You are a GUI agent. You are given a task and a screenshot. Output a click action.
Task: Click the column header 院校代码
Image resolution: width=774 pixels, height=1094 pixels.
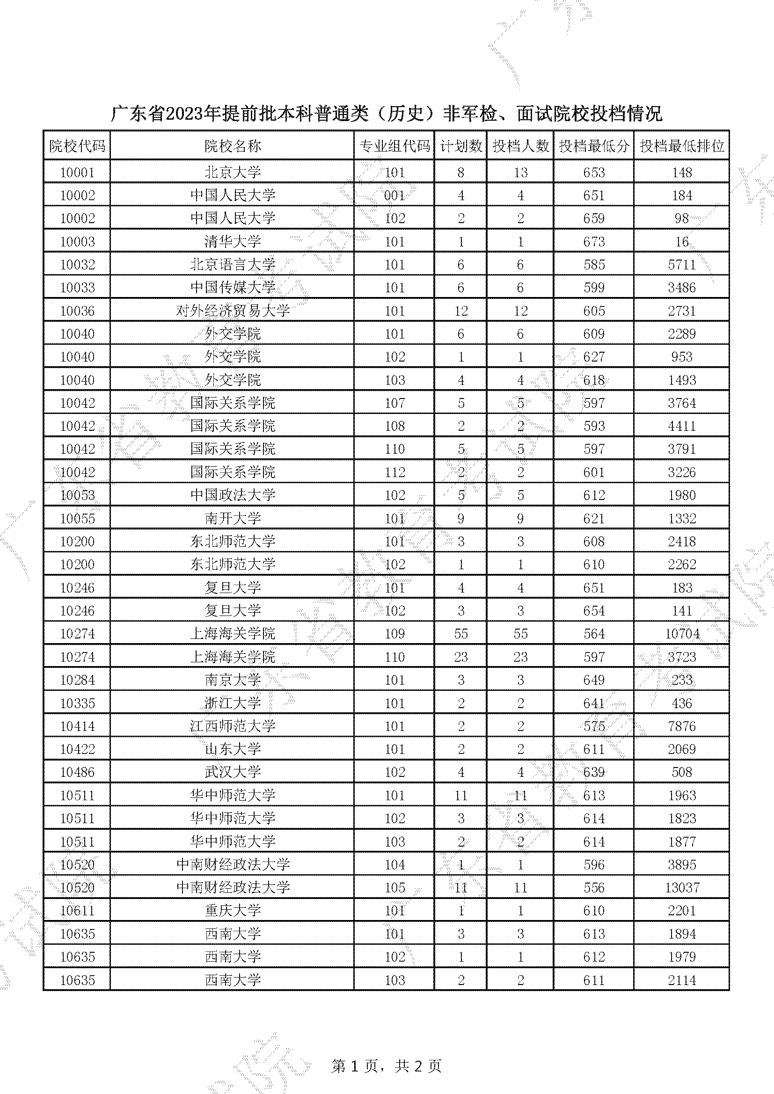click(77, 146)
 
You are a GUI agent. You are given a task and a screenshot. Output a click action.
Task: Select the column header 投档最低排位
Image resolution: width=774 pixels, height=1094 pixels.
click(681, 146)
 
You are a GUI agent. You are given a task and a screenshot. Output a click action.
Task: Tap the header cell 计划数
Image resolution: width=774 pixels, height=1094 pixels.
click(460, 146)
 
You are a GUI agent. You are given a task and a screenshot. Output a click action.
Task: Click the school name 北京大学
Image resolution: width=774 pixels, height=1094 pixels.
click(233, 173)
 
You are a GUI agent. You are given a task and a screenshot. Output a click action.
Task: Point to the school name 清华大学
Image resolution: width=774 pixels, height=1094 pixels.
click(233, 241)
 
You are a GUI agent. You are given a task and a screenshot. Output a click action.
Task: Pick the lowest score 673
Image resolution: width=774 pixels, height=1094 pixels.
click(594, 241)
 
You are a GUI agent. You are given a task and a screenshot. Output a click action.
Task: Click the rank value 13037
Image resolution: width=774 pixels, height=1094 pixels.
click(681, 888)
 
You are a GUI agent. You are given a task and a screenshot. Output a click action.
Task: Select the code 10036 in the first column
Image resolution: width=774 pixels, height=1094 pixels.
click(77, 311)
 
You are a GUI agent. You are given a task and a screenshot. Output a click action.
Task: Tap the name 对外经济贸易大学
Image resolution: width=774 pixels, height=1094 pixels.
click(233, 311)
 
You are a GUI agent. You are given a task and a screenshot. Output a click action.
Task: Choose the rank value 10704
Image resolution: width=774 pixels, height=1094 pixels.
click(681, 634)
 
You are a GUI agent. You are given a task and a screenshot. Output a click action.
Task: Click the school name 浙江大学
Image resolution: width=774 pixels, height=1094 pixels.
click(233, 703)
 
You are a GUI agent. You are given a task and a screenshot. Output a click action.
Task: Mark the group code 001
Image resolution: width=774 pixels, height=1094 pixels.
click(394, 196)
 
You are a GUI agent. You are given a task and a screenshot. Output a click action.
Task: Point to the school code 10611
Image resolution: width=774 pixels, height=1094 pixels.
click(77, 911)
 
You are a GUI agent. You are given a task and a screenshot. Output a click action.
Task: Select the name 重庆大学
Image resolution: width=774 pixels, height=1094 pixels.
click(233, 911)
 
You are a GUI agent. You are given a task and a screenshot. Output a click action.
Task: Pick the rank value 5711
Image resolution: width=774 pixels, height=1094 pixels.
click(681, 264)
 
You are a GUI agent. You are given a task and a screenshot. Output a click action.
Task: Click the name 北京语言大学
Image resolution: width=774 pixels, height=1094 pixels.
click(233, 264)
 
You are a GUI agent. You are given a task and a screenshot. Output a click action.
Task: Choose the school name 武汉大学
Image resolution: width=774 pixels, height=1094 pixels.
click(233, 772)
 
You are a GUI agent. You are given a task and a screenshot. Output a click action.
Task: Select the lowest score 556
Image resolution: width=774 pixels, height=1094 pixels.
click(594, 888)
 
